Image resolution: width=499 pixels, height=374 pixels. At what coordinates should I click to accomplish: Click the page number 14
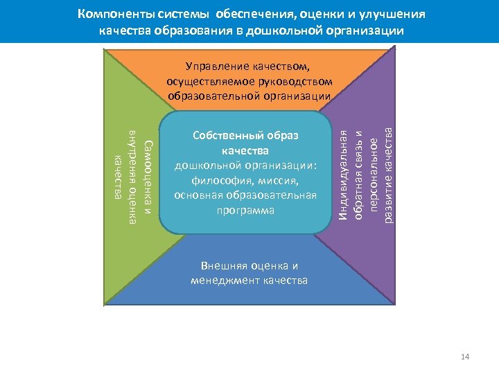pos(465,357)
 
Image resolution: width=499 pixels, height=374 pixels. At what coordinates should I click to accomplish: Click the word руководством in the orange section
pos(298,80)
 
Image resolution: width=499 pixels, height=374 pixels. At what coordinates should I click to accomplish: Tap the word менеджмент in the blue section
pos(228,280)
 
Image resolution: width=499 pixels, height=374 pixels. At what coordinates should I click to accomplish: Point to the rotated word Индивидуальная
pos(342,177)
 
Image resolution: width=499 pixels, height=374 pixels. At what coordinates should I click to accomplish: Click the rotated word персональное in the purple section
pos(373,173)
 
